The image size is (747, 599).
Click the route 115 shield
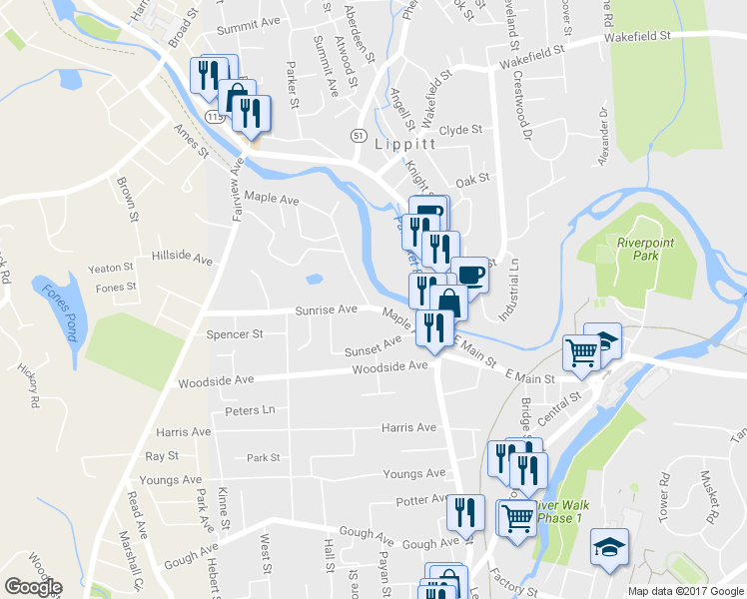(x=214, y=117)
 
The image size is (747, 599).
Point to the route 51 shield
(x=360, y=135)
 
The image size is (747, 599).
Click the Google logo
(x=33, y=587)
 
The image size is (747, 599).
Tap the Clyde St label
(x=460, y=130)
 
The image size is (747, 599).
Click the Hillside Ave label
(x=182, y=258)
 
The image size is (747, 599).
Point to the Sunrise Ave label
(x=326, y=310)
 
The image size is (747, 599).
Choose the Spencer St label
(x=234, y=333)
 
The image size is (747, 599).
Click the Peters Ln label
(x=250, y=410)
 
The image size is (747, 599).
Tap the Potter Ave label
(x=422, y=499)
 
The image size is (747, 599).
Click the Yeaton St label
(x=110, y=268)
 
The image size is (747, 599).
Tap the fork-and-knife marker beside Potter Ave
(x=464, y=513)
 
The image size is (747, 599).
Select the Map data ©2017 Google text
(x=685, y=591)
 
